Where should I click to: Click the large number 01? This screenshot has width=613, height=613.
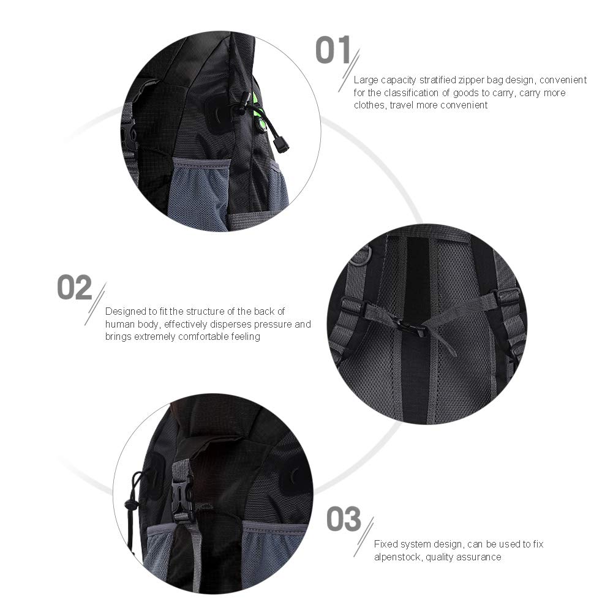pos(333,50)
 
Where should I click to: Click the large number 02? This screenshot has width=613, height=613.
pos(74,287)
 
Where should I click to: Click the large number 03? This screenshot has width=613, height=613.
pos(344,519)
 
